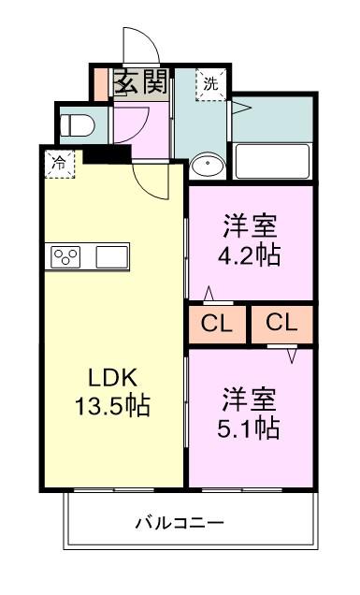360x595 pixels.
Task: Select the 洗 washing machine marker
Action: point(210,83)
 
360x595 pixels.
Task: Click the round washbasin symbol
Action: point(206,166)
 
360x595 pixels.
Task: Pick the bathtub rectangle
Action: point(272,161)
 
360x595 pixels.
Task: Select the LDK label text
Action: point(113,379)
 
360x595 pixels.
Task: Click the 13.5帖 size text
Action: point(113,408)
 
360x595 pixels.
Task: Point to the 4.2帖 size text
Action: point(251,255)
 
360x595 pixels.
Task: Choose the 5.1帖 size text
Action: point(251,428)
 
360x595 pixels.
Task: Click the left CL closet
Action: point(217,324)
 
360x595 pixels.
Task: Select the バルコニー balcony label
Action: point(184,521)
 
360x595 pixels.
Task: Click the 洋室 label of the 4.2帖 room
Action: point(251,225)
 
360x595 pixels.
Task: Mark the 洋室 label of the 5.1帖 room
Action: point(251,398)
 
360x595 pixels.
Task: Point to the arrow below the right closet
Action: point(291,356)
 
